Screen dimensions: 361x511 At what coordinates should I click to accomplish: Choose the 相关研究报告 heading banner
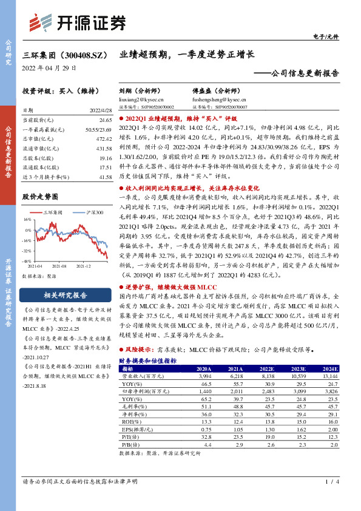[64, 296]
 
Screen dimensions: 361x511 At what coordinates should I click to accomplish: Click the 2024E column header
[330, 368]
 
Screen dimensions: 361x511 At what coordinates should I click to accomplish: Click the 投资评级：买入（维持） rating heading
[55, 90]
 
